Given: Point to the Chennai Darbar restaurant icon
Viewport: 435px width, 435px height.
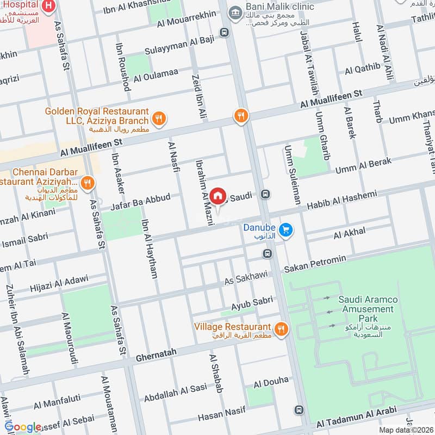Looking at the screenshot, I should pos(86,182).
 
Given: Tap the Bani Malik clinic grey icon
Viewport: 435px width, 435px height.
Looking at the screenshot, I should pos(235,11).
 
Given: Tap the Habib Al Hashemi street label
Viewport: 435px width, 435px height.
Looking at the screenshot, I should pos(342,200).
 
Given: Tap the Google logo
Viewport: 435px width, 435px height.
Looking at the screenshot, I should pos(23,427).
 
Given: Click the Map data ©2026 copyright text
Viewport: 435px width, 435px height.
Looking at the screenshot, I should pos(405,430).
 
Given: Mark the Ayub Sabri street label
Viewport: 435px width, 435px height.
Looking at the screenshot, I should pos(251,302).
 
